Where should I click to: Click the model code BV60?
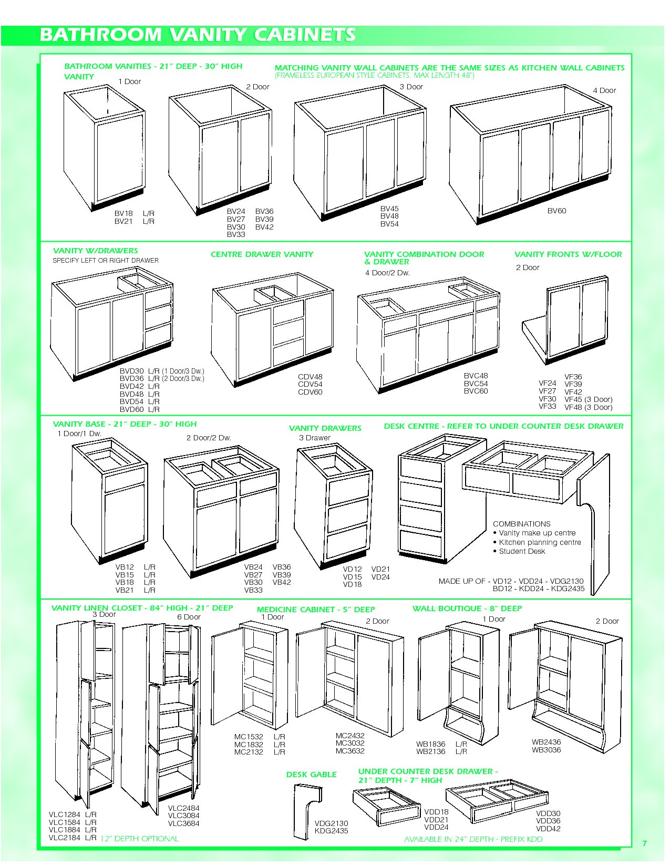click(556, 211)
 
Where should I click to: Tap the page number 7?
click(644, 843)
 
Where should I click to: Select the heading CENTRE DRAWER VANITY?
click(262, 254)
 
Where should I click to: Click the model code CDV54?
click(310, 384)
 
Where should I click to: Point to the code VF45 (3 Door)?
click(588, 399)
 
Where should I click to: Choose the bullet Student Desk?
click(522, 551)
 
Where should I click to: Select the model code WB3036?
click(547, 750)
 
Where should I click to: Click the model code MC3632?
click(350, 750)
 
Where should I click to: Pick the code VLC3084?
click(183, 816)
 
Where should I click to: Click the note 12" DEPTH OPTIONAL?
click(139, 838)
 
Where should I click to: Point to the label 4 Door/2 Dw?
click(387, 273)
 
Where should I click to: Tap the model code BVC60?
click(476, 391)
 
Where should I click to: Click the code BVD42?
click(132, 386)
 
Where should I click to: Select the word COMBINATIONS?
click(522, 524)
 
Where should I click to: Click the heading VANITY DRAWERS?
click(325, 428)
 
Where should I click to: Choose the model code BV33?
click(236, 234)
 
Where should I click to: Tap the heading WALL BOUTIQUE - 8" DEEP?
click(467, 608)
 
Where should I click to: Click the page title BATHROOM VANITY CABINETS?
click(198, 35)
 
